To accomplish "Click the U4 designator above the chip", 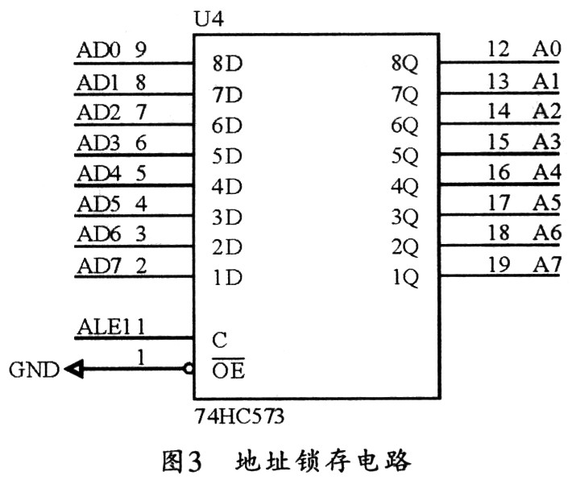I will point(210,17).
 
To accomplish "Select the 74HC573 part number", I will point(239,417).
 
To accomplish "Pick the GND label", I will point(34,370).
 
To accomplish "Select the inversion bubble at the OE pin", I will point(188,370).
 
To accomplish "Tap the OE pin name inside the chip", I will point(229,371).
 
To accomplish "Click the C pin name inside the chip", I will point(219,340).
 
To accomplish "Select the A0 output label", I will point(545,50).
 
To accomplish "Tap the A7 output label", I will point(545,266).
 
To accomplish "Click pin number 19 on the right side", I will point(499,266).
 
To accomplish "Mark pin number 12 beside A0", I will point(499,50).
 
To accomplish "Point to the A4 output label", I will point(545,173).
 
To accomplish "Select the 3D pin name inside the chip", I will point(228,217).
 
